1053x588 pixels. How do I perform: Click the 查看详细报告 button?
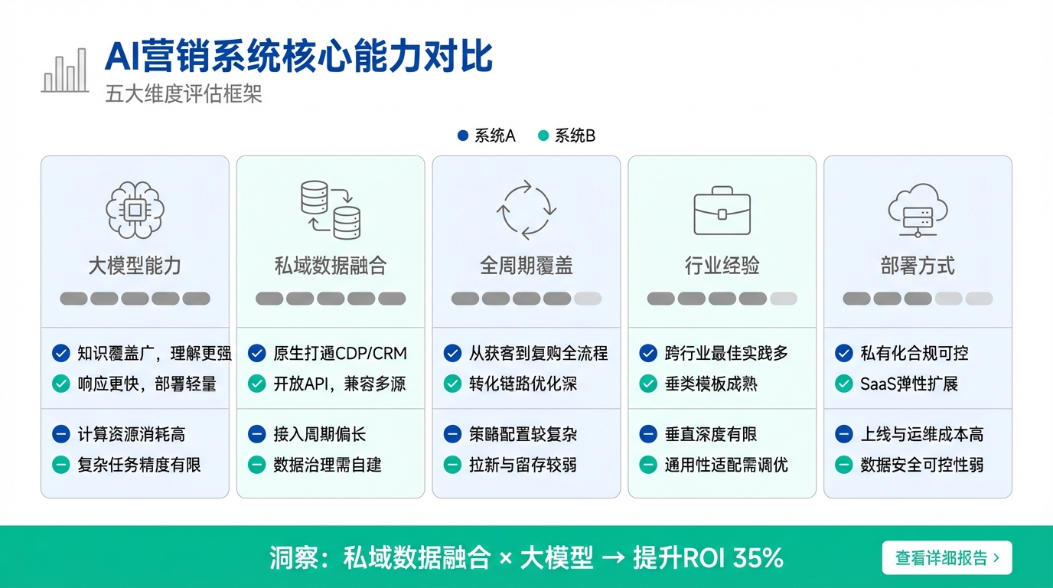947,557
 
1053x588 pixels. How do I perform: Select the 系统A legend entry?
487,136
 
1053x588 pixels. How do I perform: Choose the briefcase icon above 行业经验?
722,211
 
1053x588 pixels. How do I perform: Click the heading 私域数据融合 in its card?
331,266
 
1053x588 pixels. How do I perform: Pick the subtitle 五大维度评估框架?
184,94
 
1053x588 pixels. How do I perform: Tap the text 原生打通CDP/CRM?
341,353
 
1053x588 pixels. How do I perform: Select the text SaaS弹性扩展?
909,384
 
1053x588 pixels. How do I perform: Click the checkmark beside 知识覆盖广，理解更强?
61,353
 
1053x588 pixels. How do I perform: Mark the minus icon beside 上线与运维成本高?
844,434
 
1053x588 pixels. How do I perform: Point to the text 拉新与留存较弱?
523,465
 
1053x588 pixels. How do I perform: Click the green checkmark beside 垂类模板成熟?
648,384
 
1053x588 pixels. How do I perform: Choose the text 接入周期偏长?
320,434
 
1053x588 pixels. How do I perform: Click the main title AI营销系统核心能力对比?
298,57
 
